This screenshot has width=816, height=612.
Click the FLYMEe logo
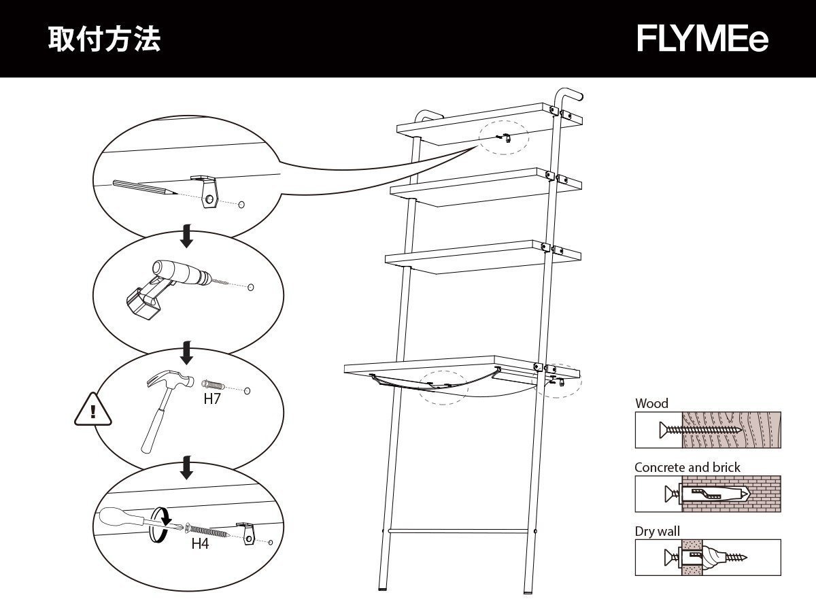click(702, 39)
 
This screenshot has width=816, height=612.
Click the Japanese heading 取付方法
click(104, 39)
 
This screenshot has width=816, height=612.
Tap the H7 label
click(212, 399)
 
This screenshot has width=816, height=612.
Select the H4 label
click(199, 543)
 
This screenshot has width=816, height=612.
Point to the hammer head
click(170, 381)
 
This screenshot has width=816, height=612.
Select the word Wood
click(651, 403)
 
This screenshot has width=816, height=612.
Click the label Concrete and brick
click(687, 467)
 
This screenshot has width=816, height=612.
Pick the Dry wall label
click(657, 531)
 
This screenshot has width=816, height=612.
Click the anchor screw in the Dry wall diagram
click(707, 557)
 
